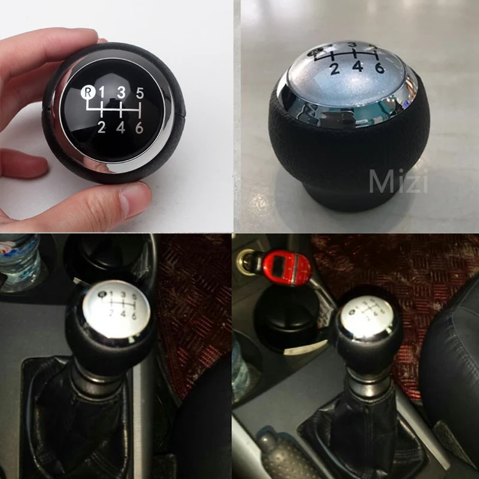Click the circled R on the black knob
pyautogui.click(x=87, y=92)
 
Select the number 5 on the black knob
pyautogui.click(x=140, y=93)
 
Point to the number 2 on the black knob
pyautogui.click(x=102, y=126)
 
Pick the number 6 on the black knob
pyautogui.click(x=140, y=126)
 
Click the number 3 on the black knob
pyautogui.click(x=121, y=92)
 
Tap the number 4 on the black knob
pyautogui.click(x=121, y=126)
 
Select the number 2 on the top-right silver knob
pyautogui.click(x=335, y=68)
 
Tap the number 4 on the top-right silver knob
pyautogui.click(x=357, y=66)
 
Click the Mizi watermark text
pyautogui.click(x=398, y=181)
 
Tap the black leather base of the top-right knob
pyautogui.click(x=353, y=156)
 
